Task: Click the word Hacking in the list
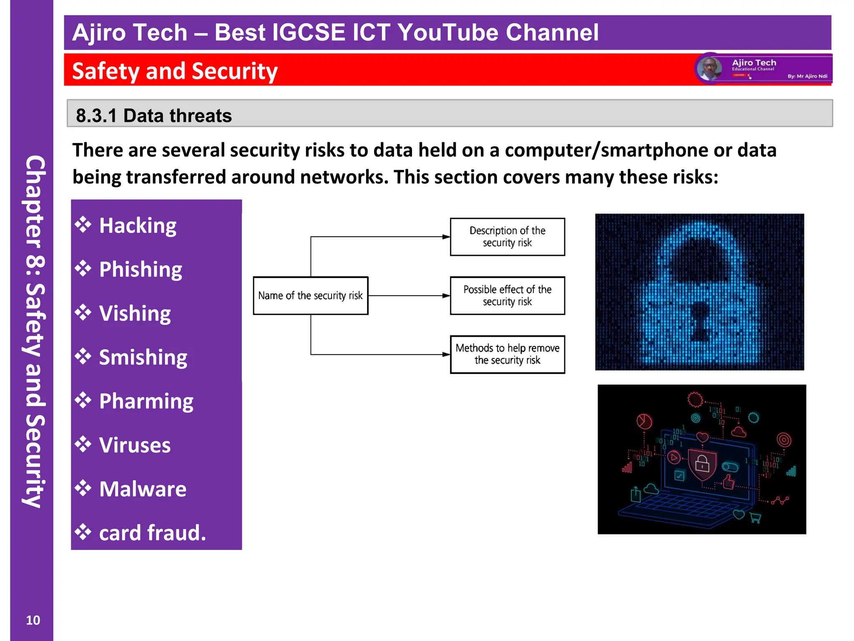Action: coord(138,226)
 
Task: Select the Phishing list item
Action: coord(141,270)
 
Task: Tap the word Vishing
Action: coord(135,313)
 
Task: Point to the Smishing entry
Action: coord(143,358)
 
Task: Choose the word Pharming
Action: coord(146,401)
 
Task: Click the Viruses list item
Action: coord(135,445)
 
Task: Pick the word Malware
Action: coord(143,489)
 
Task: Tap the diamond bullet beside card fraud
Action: coord(83,532)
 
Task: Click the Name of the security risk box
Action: coord(311,295)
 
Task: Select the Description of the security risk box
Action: coord(507,237)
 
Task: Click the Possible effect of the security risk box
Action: coord(507,295)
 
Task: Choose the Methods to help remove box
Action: coord(507,354)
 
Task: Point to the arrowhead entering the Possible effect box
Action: coord(446,295)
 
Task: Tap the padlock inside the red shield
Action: coord(702,463)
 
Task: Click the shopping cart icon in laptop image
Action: coord(755,518)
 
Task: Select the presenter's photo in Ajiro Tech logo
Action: coord(709,68)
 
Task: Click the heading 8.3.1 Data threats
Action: coord(154,116)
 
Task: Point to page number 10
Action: coord(33,620)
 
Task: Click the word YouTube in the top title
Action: coord(448,33)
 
